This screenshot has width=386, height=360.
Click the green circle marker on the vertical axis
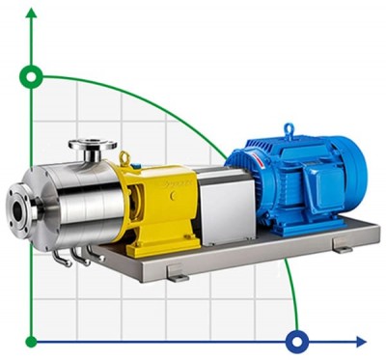click(x=33, y=74)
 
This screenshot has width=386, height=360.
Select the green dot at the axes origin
click(x=33, y=340)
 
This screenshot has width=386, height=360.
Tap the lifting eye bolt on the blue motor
click(x=288, y=128)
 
